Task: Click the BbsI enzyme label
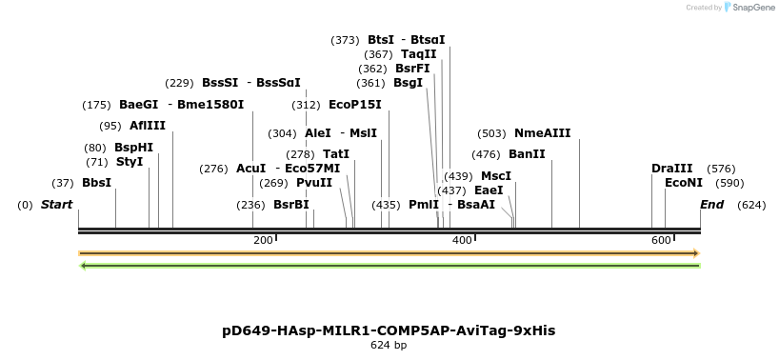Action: tap(96, 182)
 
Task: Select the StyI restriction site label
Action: tap(130, 162)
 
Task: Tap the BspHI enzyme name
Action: tap(133, 148)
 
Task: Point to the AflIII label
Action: tap(147, 126)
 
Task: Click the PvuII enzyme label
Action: tap(314, 183)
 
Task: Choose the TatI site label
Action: tap(336, 153)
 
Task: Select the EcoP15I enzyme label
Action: tap(354, 105)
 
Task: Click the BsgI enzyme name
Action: tap(408, 83)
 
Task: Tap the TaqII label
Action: tap(418, 54)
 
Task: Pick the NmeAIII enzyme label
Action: tap(542, 133)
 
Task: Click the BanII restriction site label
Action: tap(527, 153)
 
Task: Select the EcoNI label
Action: tap(684, 183)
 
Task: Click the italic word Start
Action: tap(56, 205)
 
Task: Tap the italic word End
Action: tap(711, 205)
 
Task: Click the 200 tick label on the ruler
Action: tap(263, 240)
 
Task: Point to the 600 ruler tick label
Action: tap(661, 240)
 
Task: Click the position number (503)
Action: tap(491, 133)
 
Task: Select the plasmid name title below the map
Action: tap(389, 330)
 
